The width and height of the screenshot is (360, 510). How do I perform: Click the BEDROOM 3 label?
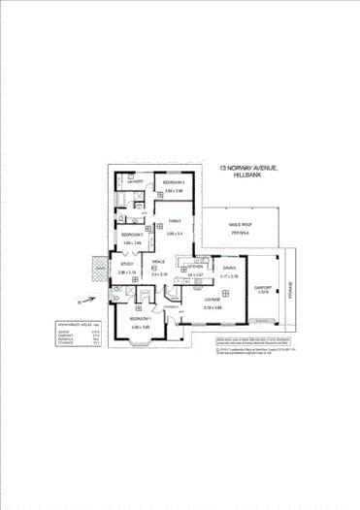point(174,182)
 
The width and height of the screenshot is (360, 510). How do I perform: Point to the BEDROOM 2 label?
point(132,236)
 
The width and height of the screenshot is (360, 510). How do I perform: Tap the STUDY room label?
point(127,266)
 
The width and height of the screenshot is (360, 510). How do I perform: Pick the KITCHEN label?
point(193,266)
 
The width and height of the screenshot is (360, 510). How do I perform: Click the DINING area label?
point(229,267)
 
